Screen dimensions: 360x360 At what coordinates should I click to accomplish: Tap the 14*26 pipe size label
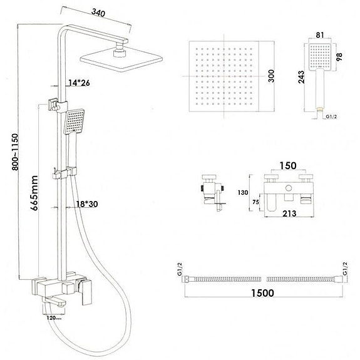click(x=80, y=83)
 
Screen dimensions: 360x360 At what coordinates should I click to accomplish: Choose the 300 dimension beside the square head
click(x=270, y=76)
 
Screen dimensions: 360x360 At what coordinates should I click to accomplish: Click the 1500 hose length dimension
click(x=262, y=292)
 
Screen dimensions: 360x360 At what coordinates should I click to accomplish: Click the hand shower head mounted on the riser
click(x=75, y=120)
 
